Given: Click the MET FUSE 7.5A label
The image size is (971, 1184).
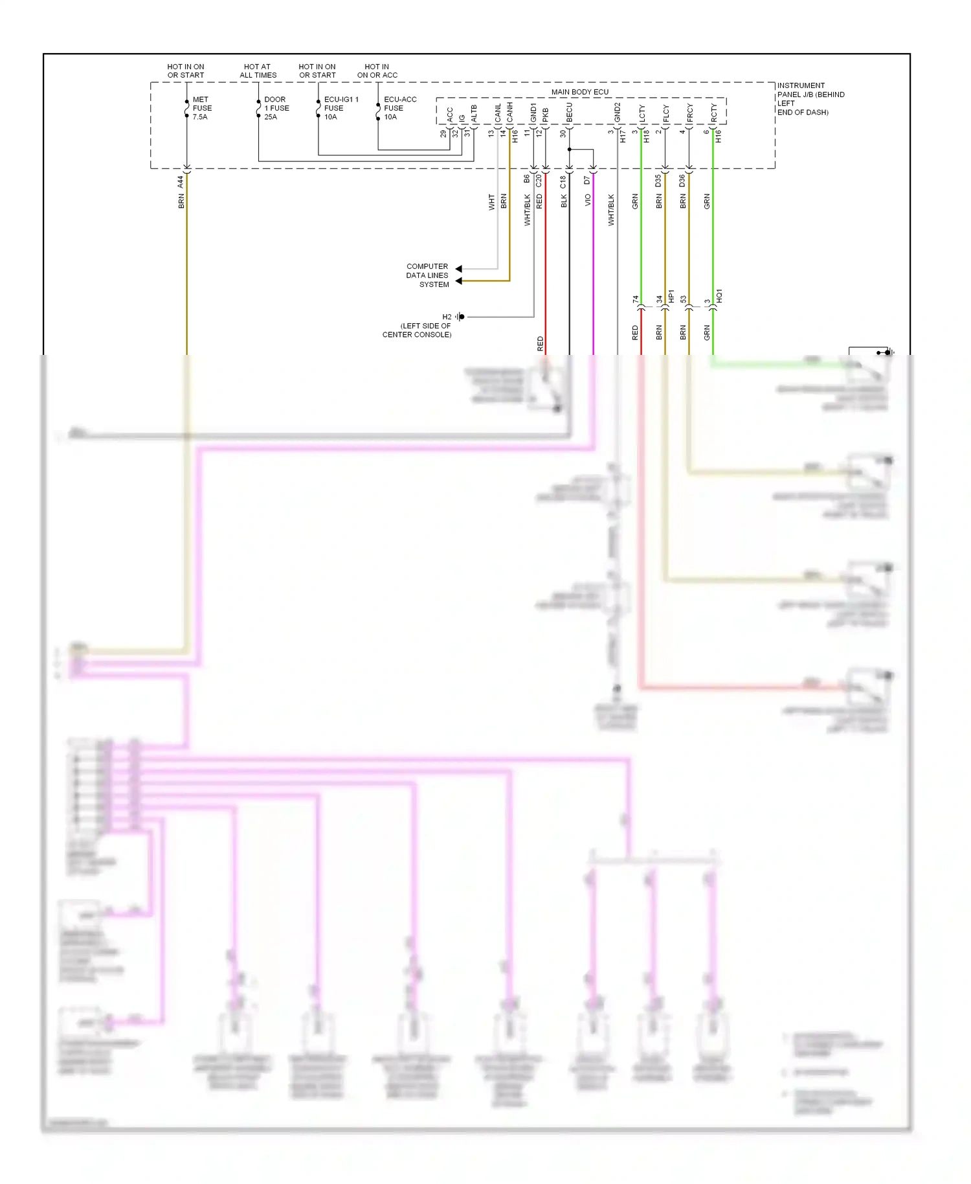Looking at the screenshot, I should coord(201,108).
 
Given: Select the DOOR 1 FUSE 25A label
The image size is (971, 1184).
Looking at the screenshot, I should coord(276,108).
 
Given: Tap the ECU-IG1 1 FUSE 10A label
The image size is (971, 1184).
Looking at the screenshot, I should coord(340,108).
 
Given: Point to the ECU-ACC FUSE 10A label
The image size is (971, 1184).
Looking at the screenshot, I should coord(399,108).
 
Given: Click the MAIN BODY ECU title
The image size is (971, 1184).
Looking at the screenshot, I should coord(579,92).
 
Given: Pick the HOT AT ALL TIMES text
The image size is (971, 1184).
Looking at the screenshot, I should coord(258,71).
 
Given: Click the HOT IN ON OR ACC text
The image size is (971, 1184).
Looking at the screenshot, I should coord(377,71).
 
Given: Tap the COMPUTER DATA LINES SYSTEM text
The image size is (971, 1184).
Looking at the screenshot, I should coord(427,275).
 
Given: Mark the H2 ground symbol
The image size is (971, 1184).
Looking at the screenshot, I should coord(460,317).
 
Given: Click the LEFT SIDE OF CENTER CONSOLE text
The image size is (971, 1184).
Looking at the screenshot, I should coord(418,330).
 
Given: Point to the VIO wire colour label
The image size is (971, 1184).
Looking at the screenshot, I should coord(588,201).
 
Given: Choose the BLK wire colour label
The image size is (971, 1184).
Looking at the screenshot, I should coord(564,201).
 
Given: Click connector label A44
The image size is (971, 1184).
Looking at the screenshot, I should coord(181,182).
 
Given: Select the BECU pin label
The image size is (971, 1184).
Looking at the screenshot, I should coord(570,113).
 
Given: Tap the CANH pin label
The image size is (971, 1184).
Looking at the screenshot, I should coord(510,112).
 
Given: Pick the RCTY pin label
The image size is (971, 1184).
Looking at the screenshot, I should coord(714,113).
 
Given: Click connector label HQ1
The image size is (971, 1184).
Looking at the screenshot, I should coord(719,297).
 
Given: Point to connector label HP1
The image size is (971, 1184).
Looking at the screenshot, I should coord(671,297).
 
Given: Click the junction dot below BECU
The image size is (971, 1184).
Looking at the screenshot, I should coord(570,150).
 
